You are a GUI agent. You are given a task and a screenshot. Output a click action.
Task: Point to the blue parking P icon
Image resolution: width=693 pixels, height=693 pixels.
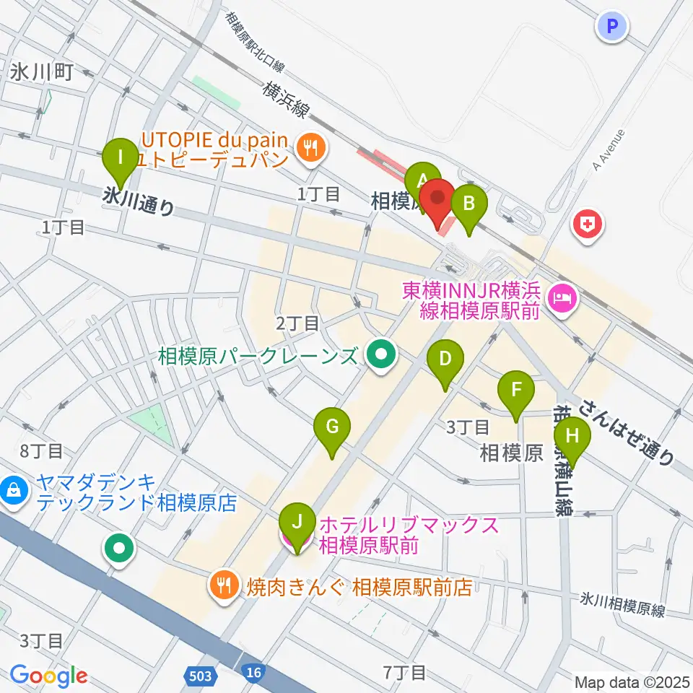[x=612, y=27]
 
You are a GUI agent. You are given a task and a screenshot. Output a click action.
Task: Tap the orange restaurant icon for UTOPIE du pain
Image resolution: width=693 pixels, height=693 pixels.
[x=313, y=148]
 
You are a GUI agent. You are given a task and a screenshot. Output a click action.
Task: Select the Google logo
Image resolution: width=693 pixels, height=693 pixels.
[x=49, y=676]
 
